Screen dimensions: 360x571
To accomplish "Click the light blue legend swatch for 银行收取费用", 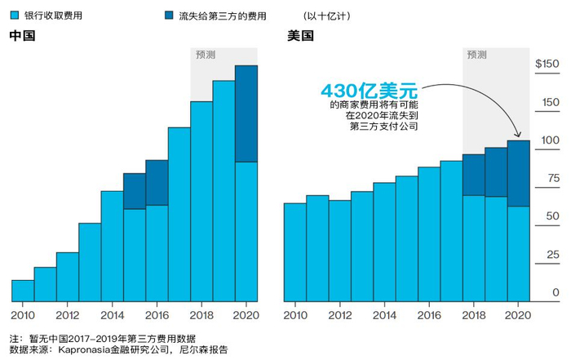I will [14, 16].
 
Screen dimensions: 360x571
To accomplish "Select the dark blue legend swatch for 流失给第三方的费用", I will [169, 16].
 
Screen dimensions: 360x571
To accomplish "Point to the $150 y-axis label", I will [546, 64].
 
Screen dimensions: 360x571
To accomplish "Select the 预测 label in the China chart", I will [206, 56].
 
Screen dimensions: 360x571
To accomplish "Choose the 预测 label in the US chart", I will [477, 56].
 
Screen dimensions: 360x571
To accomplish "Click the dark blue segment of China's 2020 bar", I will [246, 113].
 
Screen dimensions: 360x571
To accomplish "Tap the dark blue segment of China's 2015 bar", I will [135, 191].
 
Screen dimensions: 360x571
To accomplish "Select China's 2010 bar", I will [23, 290].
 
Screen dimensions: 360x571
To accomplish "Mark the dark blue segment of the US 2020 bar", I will [519, 173].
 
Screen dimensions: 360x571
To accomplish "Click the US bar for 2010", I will [294, 251].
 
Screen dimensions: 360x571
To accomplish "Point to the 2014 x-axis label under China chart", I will [112, 315].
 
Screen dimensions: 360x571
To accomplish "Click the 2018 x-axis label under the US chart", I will [473, 315].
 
